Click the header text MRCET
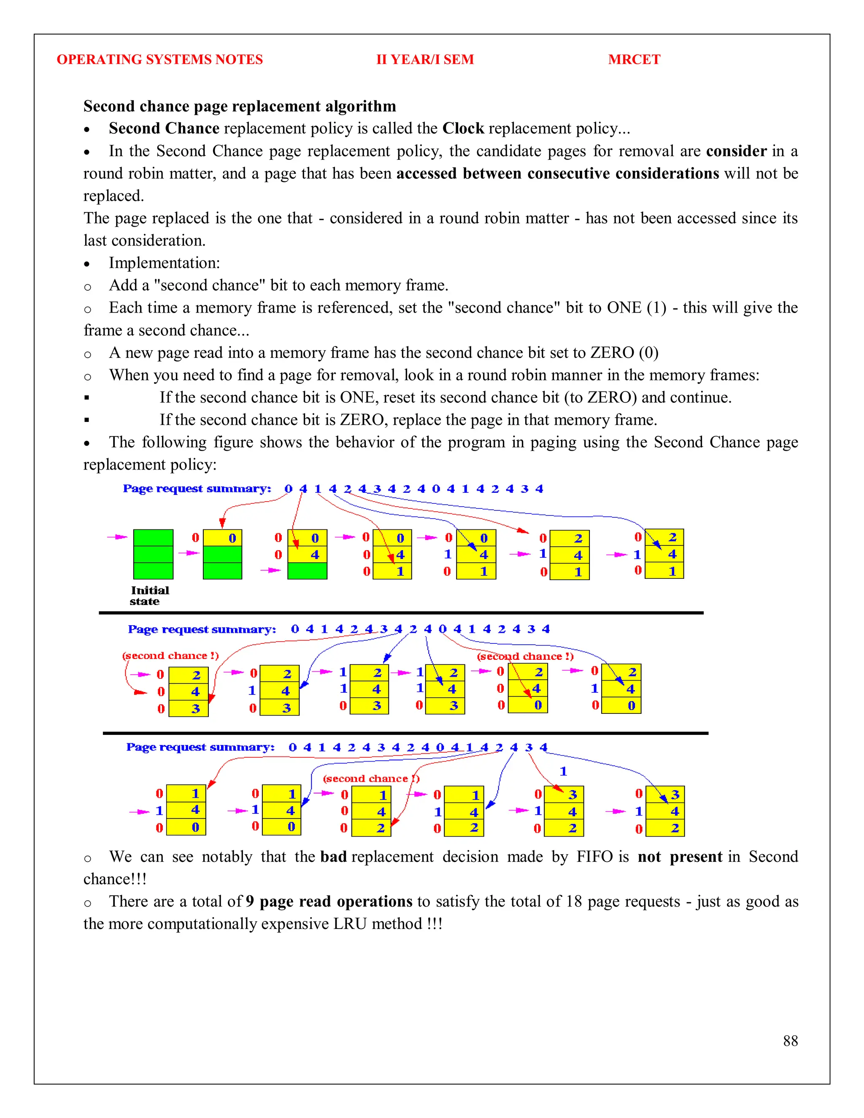634,59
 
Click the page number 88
790,1041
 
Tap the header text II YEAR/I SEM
425,59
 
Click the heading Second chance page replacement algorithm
240,106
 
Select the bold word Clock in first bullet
463,128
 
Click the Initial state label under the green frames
148,595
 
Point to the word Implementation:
164,262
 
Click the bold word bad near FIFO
333,856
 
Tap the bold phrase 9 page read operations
329,901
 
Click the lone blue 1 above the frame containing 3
563,771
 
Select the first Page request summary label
197,489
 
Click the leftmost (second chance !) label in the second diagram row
170,655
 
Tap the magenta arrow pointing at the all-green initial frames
117,537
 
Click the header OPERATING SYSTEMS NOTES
160,59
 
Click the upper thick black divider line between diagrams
401,612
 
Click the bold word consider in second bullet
736,151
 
